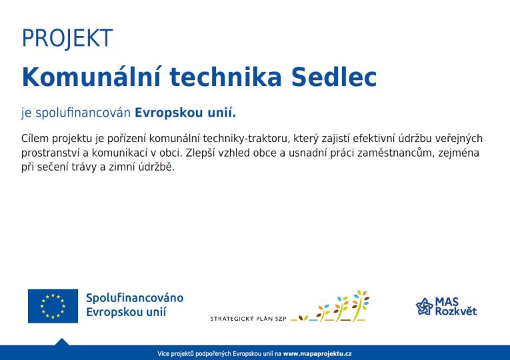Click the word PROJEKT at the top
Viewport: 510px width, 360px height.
click(x=67, y=39)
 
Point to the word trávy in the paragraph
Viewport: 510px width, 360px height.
click(x=86, y=167)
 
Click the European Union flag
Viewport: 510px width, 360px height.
click(x=53, y=306)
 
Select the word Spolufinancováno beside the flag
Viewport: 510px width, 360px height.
click(x=135, y=298)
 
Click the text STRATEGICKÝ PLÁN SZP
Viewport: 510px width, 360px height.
click(x=248, y=319)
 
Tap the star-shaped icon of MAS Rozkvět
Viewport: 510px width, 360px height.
click(x=425, y=307)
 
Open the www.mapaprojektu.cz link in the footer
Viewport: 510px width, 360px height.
click(x=317, y=353)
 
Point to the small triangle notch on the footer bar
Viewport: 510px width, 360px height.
click(x=62, y=341)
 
